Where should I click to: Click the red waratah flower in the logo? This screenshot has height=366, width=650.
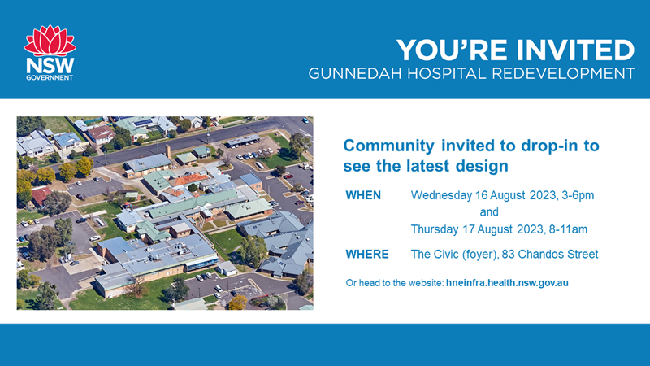point(50,41)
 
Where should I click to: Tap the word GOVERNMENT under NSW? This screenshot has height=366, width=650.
point(50,77)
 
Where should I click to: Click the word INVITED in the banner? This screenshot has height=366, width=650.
point(575,50)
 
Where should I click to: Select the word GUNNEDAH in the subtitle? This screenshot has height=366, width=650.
point(355,73)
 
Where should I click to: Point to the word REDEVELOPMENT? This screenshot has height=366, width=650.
point(563,73)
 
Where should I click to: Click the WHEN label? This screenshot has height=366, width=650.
point(363,195)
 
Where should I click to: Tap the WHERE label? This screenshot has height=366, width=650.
point(367,254)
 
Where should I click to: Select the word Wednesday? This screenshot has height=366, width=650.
point(441,195)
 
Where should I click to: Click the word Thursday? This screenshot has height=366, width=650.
point(435,229)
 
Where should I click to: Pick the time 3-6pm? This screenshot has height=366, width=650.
point(578,195)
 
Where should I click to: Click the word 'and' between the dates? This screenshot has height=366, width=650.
point(489,212)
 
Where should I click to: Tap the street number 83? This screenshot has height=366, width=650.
point(509,254)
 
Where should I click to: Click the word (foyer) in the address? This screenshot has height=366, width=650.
point(480,255)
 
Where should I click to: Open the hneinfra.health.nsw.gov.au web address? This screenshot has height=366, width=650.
point(507,283)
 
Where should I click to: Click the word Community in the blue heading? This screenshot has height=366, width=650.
point(389,146)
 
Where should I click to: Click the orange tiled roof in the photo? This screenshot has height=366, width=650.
point(189,179)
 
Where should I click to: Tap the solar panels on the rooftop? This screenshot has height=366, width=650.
point(143,123)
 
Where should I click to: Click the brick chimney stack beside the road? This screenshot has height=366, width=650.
point(168,151)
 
